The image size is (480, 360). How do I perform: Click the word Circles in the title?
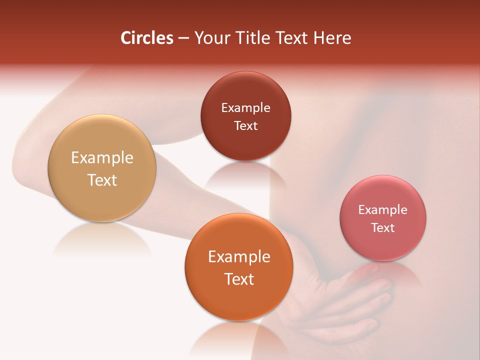(146, 38)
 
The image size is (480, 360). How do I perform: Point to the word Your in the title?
(210, 38)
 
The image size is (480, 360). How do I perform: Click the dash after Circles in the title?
(183, 38)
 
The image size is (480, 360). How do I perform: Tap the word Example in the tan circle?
(102, 158)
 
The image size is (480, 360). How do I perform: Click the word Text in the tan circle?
(102, 180)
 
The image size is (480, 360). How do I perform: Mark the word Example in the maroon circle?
(245, 108)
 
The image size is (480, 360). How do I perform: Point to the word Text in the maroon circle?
(245, 125)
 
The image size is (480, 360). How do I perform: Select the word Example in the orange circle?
(239, 257)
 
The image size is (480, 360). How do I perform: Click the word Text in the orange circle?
(239, 279)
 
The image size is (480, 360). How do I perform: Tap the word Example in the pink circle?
(383, 210)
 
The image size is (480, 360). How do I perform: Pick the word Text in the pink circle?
(383, 227)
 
